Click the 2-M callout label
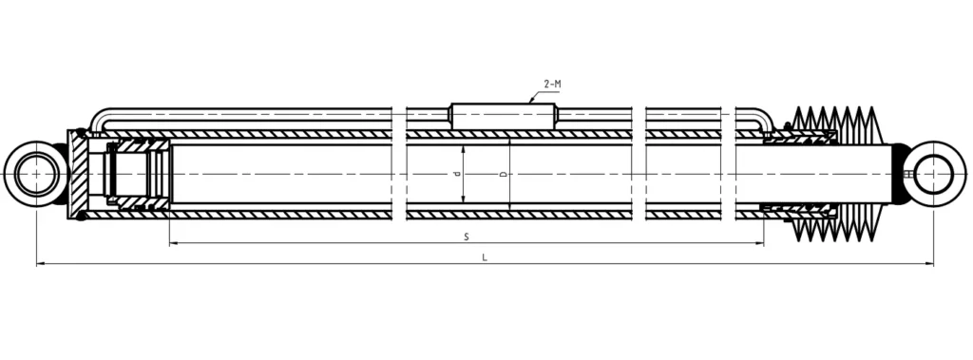(552, 85)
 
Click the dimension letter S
(467, 236)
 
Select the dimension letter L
(485, 256)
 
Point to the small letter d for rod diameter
(456, 175)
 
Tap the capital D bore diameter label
(503, 175)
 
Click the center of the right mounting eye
(935, 174)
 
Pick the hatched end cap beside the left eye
(82, 174)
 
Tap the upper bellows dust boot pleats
(836, 121)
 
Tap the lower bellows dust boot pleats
(836, 228)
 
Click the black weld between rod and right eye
(898, 174)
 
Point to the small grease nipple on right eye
(909, 174)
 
